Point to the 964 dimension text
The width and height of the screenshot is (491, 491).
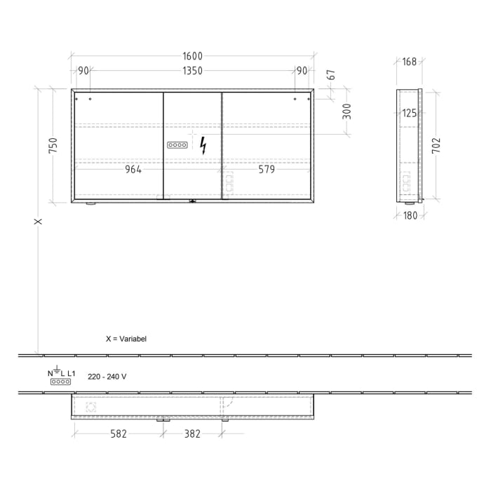point(133,169)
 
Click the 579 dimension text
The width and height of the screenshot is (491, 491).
point(266,169)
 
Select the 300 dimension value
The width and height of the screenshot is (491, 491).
point(346,111)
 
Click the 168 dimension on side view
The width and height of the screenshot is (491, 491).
point(409,62)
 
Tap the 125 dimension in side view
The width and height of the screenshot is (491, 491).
point(410,112)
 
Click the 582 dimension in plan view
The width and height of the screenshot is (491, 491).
point(118,434)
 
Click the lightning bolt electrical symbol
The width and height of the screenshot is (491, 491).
point(203,145)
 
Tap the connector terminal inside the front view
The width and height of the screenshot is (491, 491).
point(177,145)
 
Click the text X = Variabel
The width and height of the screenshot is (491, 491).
point(126,338)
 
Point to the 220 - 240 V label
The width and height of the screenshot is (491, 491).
point(107,377)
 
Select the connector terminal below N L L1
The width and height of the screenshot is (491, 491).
point(61,382)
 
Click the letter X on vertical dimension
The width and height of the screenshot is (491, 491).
point(39,222)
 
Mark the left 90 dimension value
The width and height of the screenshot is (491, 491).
point(83,71)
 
